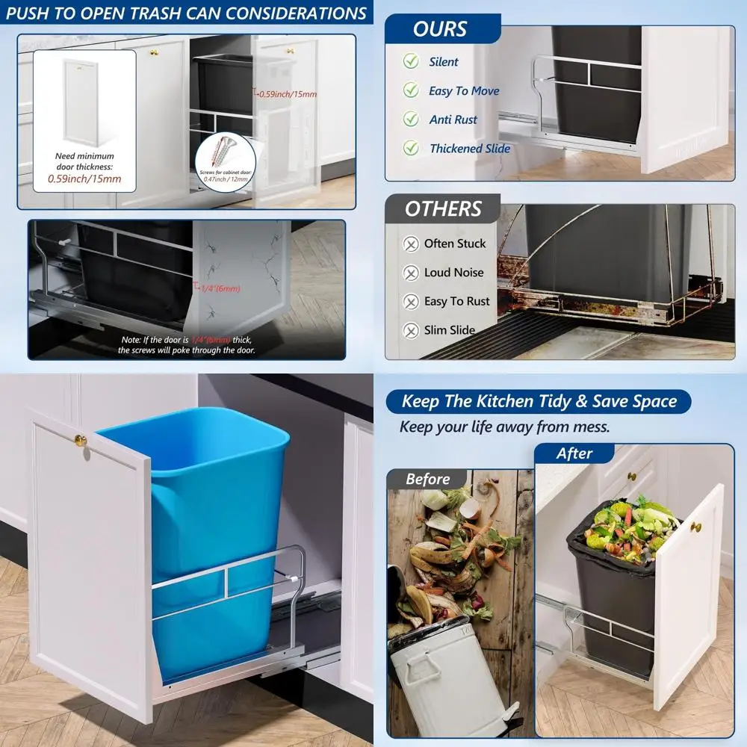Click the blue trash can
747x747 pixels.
click(217, 523)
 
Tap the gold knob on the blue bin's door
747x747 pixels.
click(81, 441)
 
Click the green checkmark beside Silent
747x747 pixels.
click(411, 61)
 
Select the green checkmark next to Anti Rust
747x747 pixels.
click(411, 119)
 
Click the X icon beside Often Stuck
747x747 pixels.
click(411, 244)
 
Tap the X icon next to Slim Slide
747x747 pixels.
click(411, 330)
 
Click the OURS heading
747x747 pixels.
click(440, 29)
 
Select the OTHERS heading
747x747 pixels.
click(443, 209)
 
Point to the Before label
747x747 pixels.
click(428, 479)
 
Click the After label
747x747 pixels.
click(574, 453)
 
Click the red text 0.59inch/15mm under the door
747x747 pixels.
click(84, 179)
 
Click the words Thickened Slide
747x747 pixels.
click(470, 148)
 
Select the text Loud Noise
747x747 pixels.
click(453, 273)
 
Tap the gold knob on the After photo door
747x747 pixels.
click(696, 527)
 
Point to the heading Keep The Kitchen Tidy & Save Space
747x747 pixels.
click(539, 401)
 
